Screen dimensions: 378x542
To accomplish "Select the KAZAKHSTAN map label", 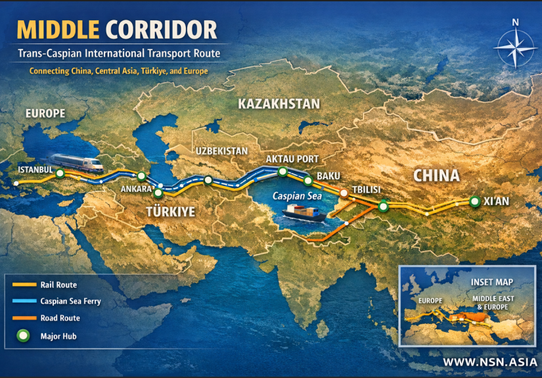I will click(x=279, y=104).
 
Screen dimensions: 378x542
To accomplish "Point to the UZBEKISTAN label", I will click(x=221, y=151).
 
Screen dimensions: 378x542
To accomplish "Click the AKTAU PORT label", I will click(x=292, y=159).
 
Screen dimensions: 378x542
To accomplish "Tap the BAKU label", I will click(x=328, y=176).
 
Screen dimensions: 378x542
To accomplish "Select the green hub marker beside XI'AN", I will click(x=474, y=201).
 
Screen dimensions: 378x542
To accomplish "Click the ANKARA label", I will click(x=136, y=189).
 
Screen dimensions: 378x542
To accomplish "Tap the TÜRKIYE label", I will click(x=170, y=212).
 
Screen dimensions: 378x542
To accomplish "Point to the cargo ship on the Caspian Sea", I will click(x=305, y=212).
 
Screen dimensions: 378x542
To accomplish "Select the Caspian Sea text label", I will click(x=297, y=196).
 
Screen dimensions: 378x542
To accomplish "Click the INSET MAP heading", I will click(x=492, y=282).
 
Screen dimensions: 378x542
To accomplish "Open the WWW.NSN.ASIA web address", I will click(x=489, y=362).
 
